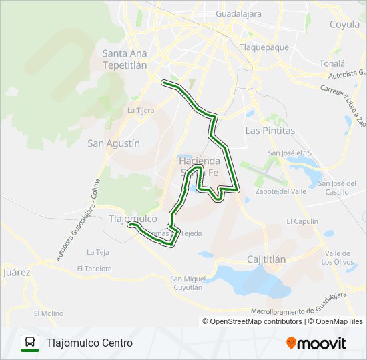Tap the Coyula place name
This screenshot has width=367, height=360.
pyautogui.click(x=344, y=25)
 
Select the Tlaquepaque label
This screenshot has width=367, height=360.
pyautogui.click(x=264, y=47)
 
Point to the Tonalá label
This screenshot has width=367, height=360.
pyautogui.click(x=332, y=63)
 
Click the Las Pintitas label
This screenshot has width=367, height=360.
pyautogui.click(x=270, y=131)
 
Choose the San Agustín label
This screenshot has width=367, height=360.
pyautogui.click(x=114, y=143)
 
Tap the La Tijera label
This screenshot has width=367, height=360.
pyautogui.click(x=141, y=110)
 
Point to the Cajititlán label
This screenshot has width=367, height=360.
pyautogui.click(x=266, y=259)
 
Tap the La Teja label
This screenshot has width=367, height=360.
pyautogui.click(x=97, y=252)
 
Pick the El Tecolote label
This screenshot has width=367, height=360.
pyautogui.click(x=94, y=269)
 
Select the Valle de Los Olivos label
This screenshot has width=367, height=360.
pyautogui.click(x=336, y=257)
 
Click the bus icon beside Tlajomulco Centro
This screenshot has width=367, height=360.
pyautogui.click(x=30, y=343)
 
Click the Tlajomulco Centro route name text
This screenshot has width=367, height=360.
pyautogui.click(x=89, y=343)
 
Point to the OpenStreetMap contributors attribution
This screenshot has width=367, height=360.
pyautogui.click(x=253, y=321)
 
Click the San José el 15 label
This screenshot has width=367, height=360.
pyautogui.click(x=290, y=153)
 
